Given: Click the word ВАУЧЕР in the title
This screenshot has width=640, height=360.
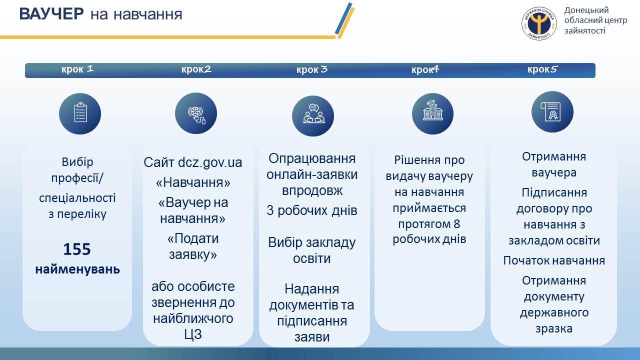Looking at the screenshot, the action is coord(51,13).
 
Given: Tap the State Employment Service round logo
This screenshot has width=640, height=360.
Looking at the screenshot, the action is coord(539,23).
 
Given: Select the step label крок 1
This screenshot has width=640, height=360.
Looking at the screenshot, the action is coord(77,69).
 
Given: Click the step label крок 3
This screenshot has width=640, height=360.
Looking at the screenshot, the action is coord(311,69).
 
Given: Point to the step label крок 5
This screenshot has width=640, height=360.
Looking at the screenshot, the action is coord(542,69).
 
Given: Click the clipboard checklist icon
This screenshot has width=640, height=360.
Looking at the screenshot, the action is coord(80,112).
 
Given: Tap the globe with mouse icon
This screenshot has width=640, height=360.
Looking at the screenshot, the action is coord(196,115).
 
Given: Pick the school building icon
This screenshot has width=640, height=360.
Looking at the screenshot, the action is coord(432,110).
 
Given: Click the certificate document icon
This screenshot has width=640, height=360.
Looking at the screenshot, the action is coord(551,111).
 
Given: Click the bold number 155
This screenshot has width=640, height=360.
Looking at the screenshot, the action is coord(77,249).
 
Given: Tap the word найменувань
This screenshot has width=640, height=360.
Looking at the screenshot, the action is coord(77,269).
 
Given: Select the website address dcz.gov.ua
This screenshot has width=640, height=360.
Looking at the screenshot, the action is coord(210,162).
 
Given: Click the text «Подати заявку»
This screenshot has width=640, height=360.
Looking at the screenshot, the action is coord(193,246).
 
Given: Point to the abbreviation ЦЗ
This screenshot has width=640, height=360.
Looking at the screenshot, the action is coord(193,334).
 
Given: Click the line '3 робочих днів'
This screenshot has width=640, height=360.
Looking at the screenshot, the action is coord(311,210).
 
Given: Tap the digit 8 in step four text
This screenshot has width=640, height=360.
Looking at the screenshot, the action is coord(456,224).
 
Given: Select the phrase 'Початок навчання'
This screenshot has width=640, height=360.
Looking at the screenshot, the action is coord(554,260).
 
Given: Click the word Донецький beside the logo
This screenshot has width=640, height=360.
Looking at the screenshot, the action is coord(586,10).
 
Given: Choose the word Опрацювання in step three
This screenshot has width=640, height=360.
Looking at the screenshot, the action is coord(312,159).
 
